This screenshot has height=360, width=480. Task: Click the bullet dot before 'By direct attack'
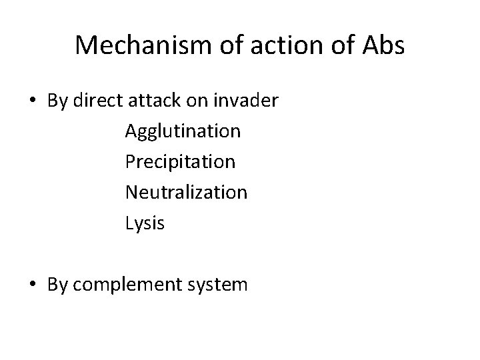33,101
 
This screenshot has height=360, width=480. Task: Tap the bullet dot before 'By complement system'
33,285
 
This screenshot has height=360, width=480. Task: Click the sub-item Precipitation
180,162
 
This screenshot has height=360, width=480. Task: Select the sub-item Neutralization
185,193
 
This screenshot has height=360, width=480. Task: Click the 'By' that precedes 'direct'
58,101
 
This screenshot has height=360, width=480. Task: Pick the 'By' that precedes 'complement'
58,285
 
